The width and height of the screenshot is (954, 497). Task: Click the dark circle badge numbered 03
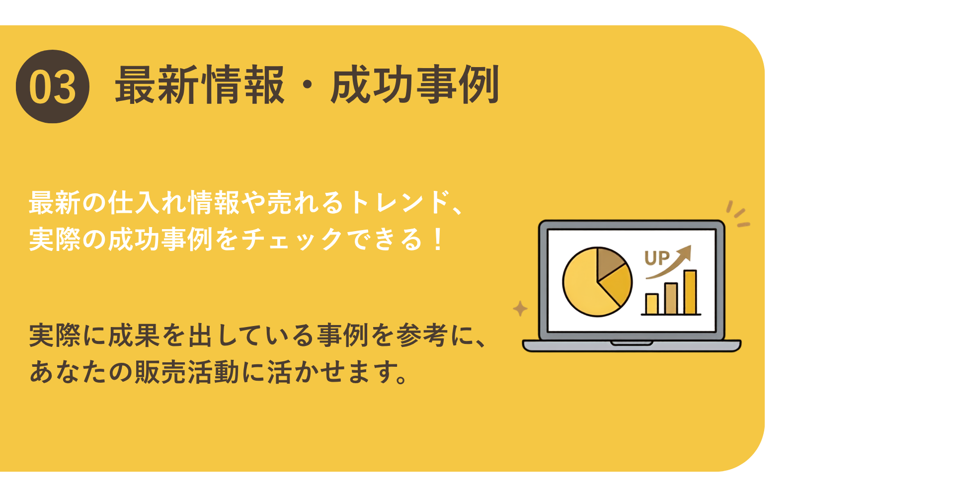[53, 86]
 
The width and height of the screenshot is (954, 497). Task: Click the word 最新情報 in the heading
[200, 85]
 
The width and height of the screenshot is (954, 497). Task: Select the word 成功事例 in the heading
[415, 85]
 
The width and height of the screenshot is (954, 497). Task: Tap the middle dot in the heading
[308, 85]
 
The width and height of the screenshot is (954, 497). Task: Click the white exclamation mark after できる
[438, 239]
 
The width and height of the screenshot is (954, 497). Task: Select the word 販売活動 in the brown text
[187, 372]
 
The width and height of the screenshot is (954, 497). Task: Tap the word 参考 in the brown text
[422, 335]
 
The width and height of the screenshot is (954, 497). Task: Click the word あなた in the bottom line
[69, 372]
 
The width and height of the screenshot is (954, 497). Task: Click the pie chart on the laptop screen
[597, 282]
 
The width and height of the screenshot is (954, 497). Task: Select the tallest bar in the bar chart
[690, 292]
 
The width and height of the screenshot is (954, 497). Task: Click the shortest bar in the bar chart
[652, 304]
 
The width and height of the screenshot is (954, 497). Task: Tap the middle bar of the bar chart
[671, 299]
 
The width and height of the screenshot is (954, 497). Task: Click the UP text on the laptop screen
[657, 258]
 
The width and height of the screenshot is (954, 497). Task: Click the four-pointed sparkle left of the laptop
[520, 309]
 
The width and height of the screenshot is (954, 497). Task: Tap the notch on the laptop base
[632, 343]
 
